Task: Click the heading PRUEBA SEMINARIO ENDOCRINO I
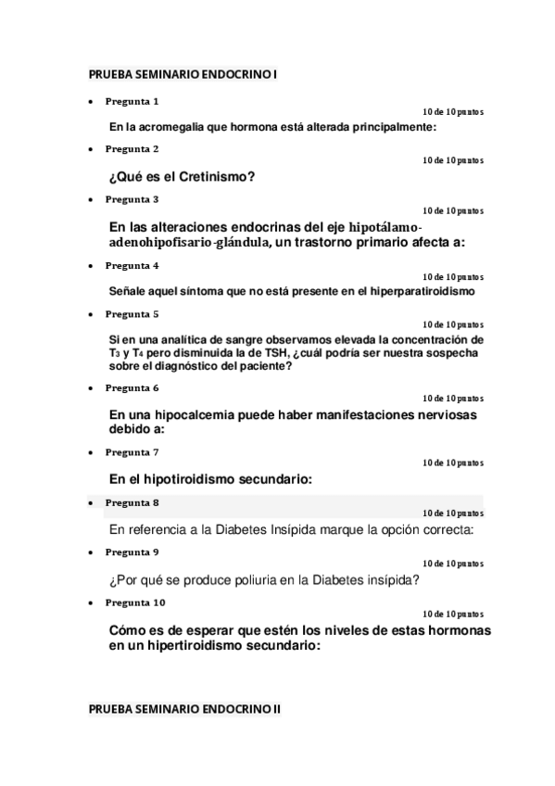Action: point(183,73)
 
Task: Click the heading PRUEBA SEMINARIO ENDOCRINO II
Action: point(184,708)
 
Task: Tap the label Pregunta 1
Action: point(132,100)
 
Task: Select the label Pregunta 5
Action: point(132,313)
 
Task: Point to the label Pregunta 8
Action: point(132,502)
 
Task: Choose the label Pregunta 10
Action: point(134,602)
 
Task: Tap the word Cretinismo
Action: point(208,176)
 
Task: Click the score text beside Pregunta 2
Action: point(452,160)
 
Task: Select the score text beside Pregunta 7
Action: point(452,463)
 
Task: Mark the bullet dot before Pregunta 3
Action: point(89,199)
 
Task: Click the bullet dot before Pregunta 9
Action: point(89,552)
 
